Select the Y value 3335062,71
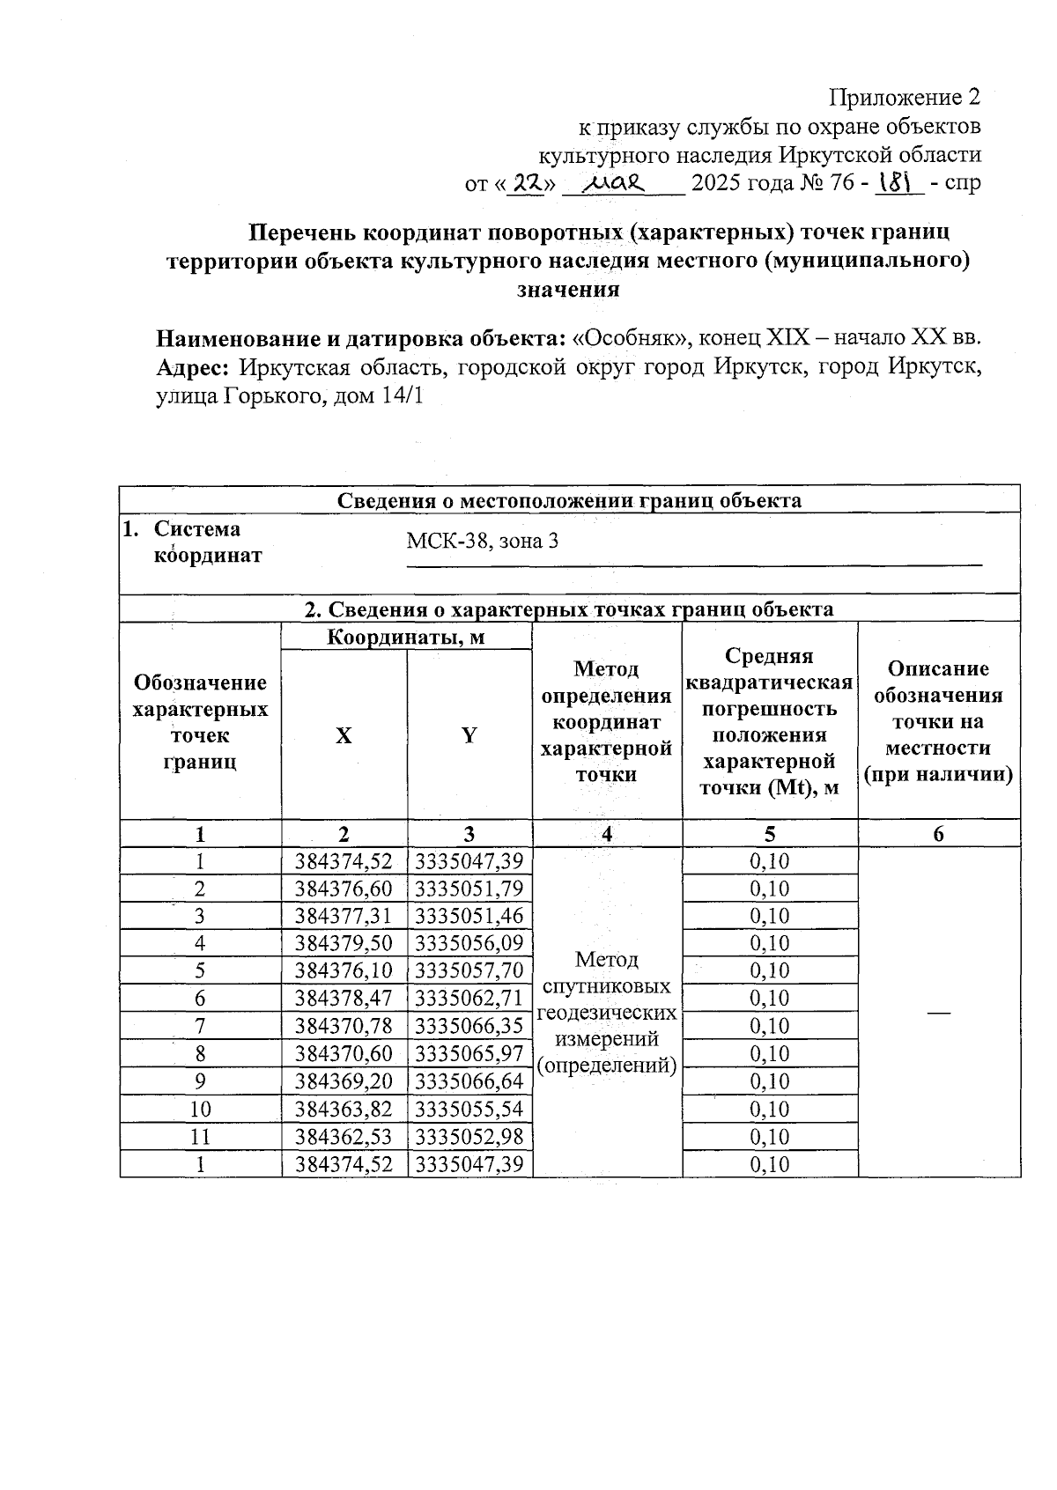(x=469, y=998)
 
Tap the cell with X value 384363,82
(x=344, y=1109)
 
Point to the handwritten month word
(x=617, y=183)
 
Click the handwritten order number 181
(x=895, y=182)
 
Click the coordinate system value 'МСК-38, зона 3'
(x=482, y=541)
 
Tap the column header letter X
(x=344, y=736)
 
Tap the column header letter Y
(x=469, y=736)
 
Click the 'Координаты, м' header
(x=406, y=637)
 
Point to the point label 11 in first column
(x=201, y=1137)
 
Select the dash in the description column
(x=939, y=1013)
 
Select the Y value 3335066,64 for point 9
(x=469, y=1081)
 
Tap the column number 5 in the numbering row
(x=770, y=834)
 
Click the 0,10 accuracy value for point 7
(x=770, y=1026)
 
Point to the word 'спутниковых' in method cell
(x=607, y=986)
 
